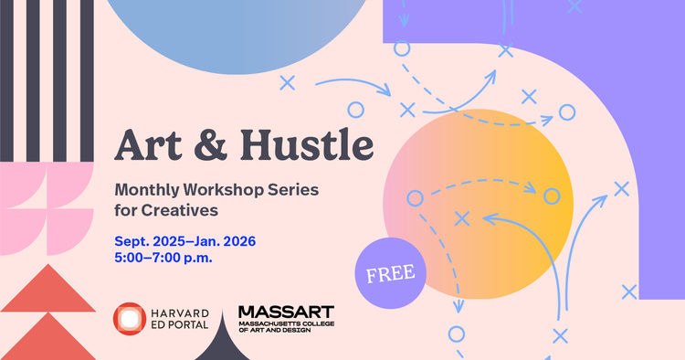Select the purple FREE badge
pyautogui.click(x=391, y=272)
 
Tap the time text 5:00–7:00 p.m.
pyautogui.click(x=163, y=258)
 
